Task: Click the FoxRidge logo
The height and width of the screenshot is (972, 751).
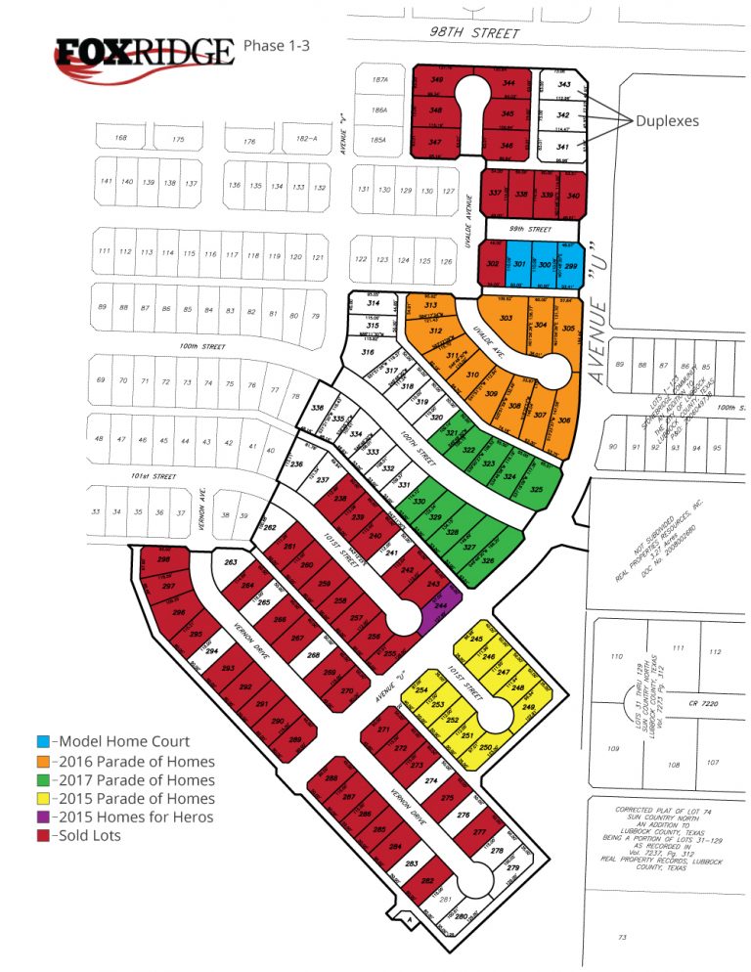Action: coord(145,52)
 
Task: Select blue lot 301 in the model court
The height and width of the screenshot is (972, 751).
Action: coord(519,264)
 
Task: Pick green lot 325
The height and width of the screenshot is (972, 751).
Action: coord(536,487)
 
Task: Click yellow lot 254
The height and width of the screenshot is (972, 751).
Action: coord(422,690)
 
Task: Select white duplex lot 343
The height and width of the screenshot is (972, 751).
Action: coord(563,85)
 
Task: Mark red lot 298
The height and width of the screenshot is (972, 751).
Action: coord(164,560)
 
